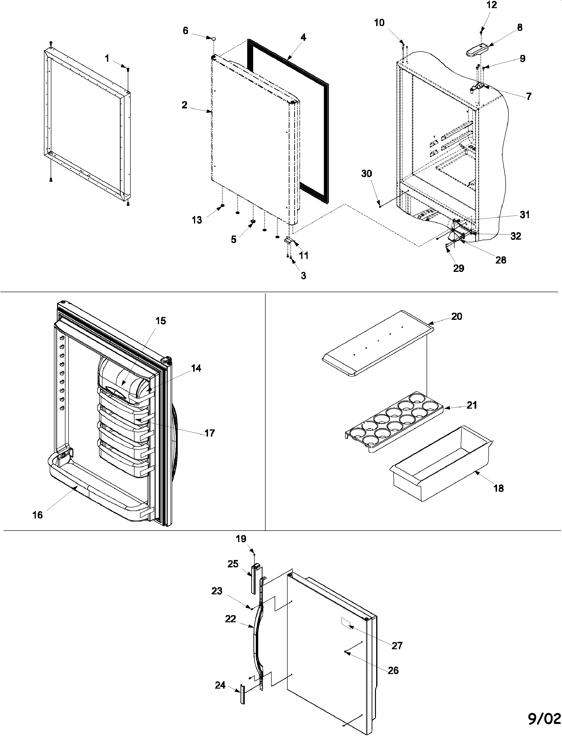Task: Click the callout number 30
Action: [x=367, y=174]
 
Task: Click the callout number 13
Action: [x=197, y=220]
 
